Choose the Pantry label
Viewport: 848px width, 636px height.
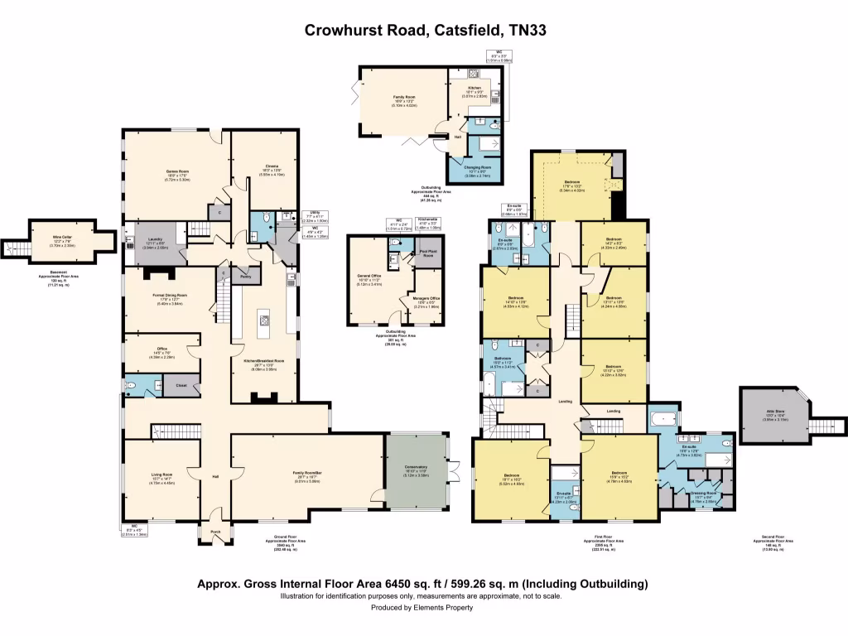click(245, 277)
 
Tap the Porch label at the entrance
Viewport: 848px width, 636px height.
click(215, 532)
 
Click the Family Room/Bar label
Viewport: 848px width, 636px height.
click(307, 475)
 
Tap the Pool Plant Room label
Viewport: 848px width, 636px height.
click(427, 254)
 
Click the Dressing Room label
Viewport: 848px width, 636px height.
click(703, 492)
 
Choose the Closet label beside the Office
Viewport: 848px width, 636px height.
click(181, 385)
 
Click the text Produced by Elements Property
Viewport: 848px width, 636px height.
click(422, 607)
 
